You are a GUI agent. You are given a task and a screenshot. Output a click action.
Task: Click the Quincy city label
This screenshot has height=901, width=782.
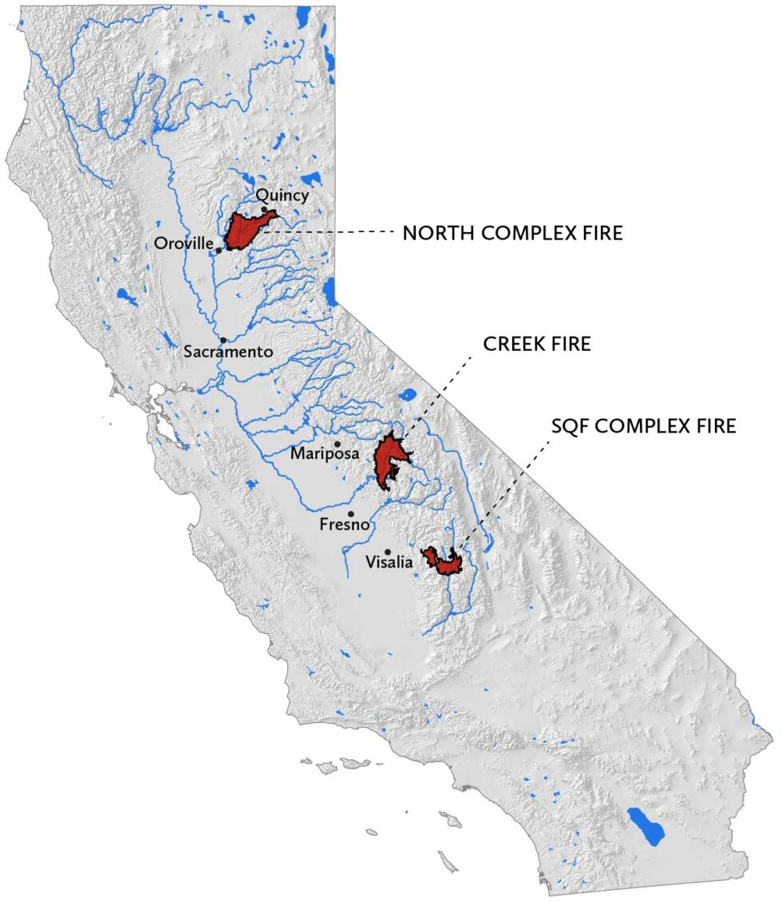point(282,195)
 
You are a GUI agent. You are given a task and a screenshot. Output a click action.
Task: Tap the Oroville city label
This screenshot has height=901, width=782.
point(183,243)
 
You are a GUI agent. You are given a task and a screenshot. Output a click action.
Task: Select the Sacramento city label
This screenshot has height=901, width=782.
point(227,352)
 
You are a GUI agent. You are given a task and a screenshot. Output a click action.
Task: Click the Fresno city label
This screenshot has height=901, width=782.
point(344,525)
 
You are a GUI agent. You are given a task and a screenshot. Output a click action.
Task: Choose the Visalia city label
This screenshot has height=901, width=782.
point(389,563)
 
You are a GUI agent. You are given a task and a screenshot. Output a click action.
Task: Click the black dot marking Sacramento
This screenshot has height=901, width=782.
point(223,340)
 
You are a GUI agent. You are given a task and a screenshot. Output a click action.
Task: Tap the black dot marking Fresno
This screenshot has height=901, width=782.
point(350,514)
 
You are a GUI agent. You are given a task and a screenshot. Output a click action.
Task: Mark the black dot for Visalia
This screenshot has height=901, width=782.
point(388,551)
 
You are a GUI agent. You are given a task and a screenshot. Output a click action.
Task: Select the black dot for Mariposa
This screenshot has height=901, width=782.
point(338,444)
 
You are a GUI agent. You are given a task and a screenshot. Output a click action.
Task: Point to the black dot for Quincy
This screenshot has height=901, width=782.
point(264,210)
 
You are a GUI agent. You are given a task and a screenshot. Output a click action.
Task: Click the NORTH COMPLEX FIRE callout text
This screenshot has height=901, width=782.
point(511,233)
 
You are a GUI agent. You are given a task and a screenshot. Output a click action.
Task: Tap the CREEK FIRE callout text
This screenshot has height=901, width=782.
point(537,344)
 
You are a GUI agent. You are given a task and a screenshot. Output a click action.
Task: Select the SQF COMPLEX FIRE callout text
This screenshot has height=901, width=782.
point(643,425)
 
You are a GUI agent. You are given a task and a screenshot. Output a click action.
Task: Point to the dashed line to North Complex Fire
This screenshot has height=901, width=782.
point(335,232)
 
